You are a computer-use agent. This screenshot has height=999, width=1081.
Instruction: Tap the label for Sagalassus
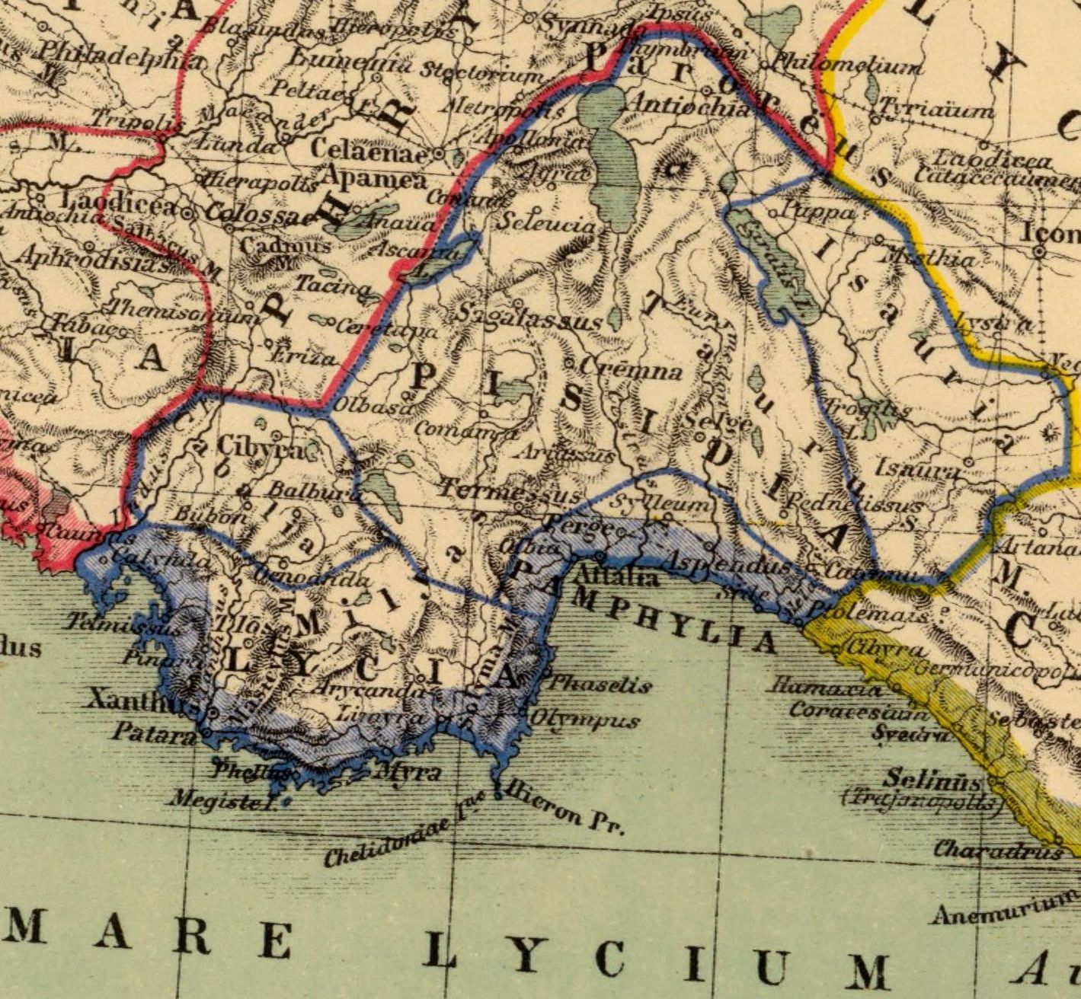pos(531,318)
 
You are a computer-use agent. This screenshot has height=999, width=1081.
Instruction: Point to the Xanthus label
pos(142,700)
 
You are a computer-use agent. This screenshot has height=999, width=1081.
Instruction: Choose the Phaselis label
pos(600,684)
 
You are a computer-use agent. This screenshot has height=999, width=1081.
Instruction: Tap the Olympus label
pos(584,720)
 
